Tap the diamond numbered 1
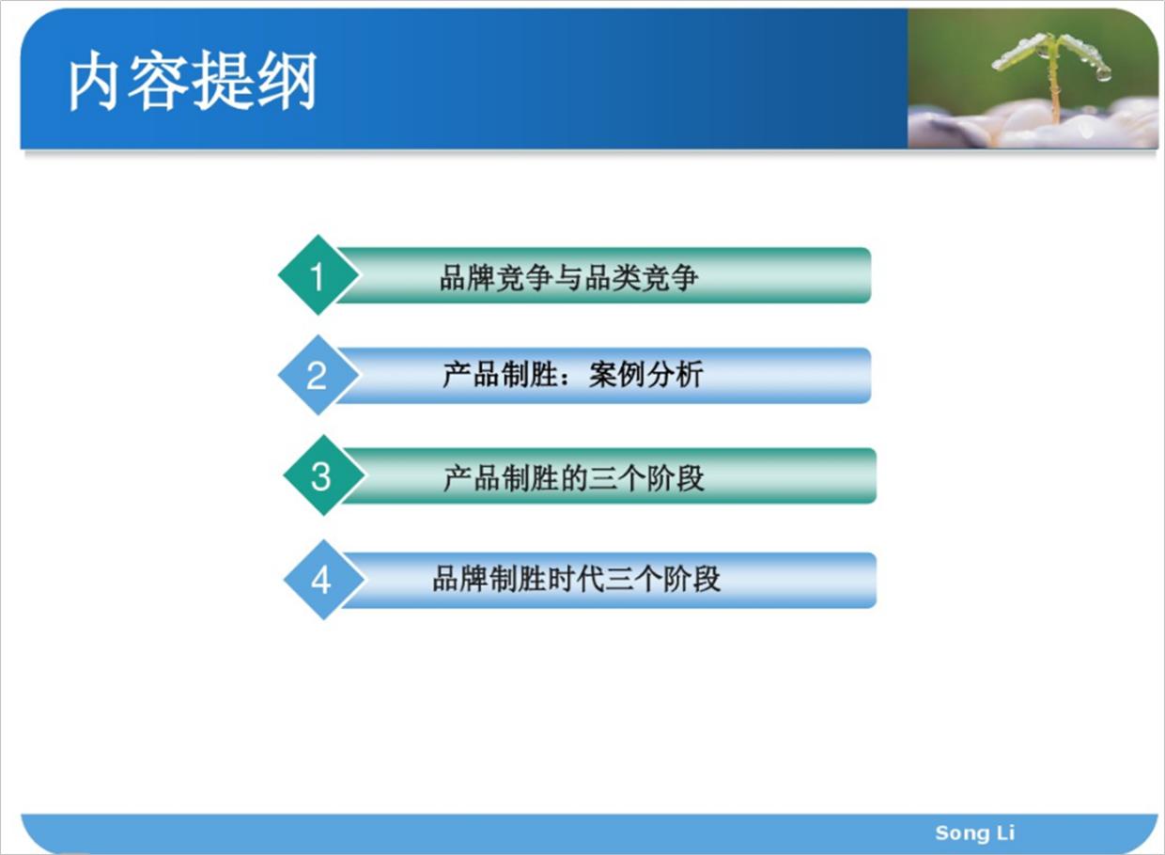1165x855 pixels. point(318,276)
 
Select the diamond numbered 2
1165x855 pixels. point(318,376)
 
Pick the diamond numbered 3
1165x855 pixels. point(322,476)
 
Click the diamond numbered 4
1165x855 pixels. point(322,580)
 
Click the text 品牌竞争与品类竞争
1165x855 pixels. point(569,277)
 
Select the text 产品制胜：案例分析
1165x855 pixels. point(572,376)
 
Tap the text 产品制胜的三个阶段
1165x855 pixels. point(573,478)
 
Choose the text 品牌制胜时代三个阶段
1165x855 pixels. point(576,579)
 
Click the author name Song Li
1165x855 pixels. point(974,832)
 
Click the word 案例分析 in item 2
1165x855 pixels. point(646,376)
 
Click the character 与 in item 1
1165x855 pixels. point(569,277)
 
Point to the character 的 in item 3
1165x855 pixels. point(573,478)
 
